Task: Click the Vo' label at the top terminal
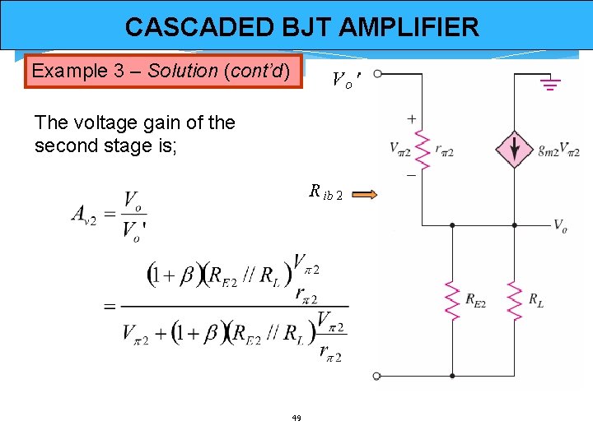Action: [345, 81]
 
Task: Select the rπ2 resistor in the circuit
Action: [423, 149]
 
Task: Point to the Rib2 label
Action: [326, 194]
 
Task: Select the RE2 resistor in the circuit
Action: [452, 300]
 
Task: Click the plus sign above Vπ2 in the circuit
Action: [411, 120]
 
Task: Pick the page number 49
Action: [296, 419]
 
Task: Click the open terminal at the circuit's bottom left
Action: [376, 376]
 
